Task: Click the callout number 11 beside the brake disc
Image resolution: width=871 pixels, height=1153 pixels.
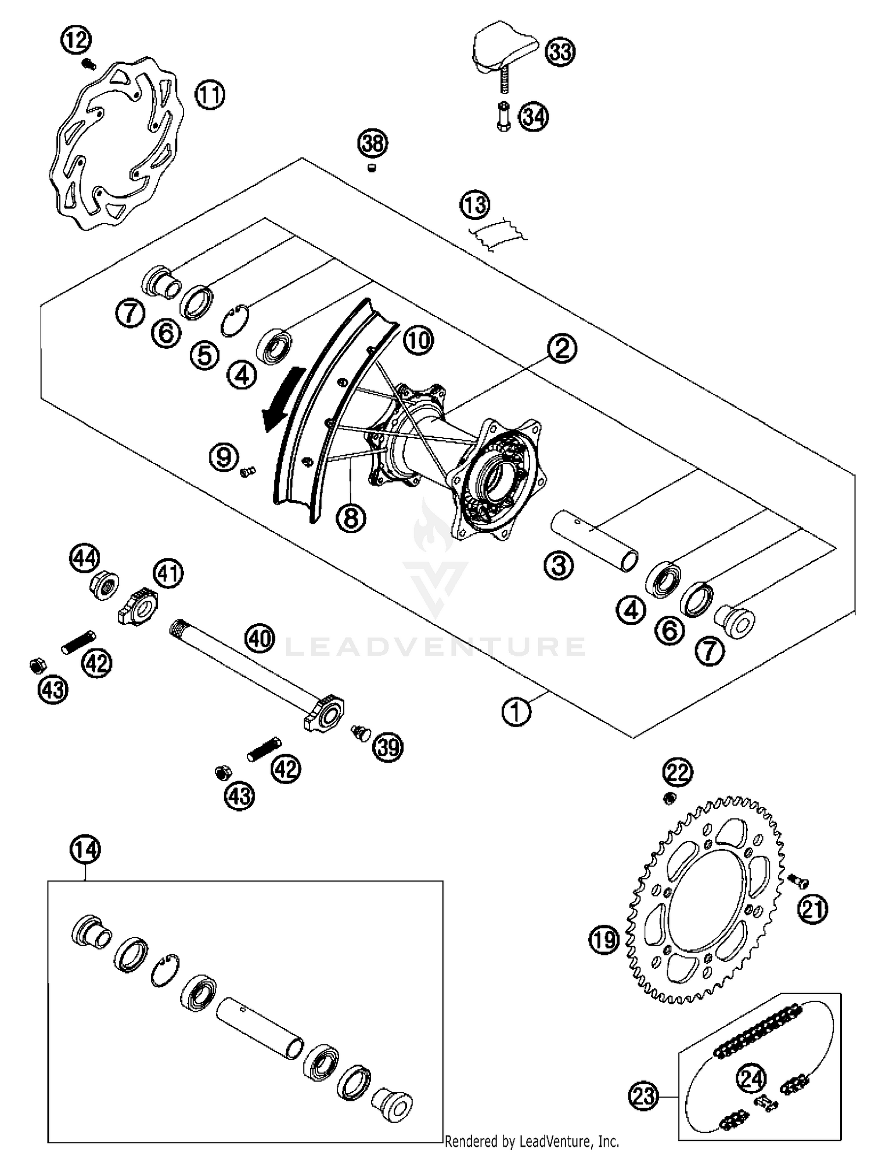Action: (x=210, y=95)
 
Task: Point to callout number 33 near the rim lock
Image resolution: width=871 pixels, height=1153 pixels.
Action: (x=560, y=52)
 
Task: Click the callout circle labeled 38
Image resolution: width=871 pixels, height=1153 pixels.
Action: (x=372, y=143)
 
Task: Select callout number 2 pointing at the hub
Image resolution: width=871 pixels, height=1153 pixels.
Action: (x=562, y=348)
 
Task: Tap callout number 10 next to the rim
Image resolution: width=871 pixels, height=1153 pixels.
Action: (x=418, y=340)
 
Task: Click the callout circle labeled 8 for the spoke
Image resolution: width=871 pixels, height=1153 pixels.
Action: (x=351, y=517)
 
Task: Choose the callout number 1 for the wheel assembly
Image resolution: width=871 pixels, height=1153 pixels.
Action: (x=516, y=712)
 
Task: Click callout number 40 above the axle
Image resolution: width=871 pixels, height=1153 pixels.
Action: (x=259, y=638)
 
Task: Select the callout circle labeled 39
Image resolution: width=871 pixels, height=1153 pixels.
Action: (x=388, y=746)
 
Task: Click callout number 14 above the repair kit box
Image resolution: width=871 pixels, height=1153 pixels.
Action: (x=85, y=849)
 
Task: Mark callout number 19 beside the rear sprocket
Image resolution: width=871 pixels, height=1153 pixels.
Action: (x=604, y=939)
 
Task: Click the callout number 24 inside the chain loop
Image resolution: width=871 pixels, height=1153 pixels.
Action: (x=751, y=1079)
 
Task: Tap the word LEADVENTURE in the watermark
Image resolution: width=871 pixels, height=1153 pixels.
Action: (x=435, y=646)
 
